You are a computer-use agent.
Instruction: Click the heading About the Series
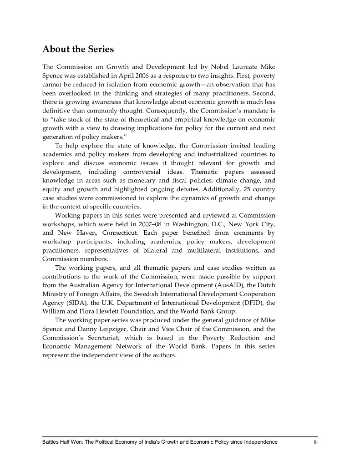pos(78,49)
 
